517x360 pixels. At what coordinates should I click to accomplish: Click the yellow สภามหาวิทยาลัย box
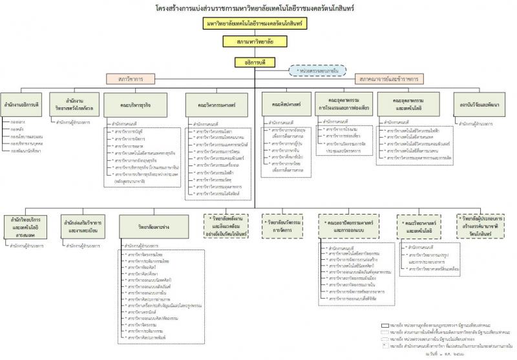point(255,41)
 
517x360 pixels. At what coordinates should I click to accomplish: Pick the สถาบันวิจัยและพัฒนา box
point(478,103)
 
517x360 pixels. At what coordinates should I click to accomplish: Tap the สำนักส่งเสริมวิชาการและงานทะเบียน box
point(83,225)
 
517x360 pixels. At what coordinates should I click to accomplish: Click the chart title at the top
point(256,8)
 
